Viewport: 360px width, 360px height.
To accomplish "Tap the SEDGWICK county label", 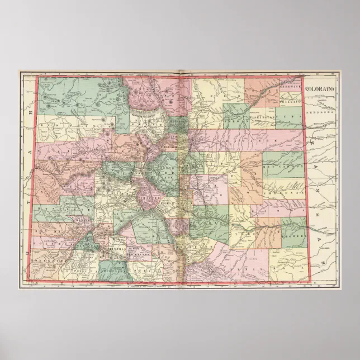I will [290, 88].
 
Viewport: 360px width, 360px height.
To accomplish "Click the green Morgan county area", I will [236, 116].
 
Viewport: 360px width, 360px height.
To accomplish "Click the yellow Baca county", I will [288, 263].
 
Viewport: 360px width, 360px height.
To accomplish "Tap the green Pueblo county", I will [210, 218].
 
